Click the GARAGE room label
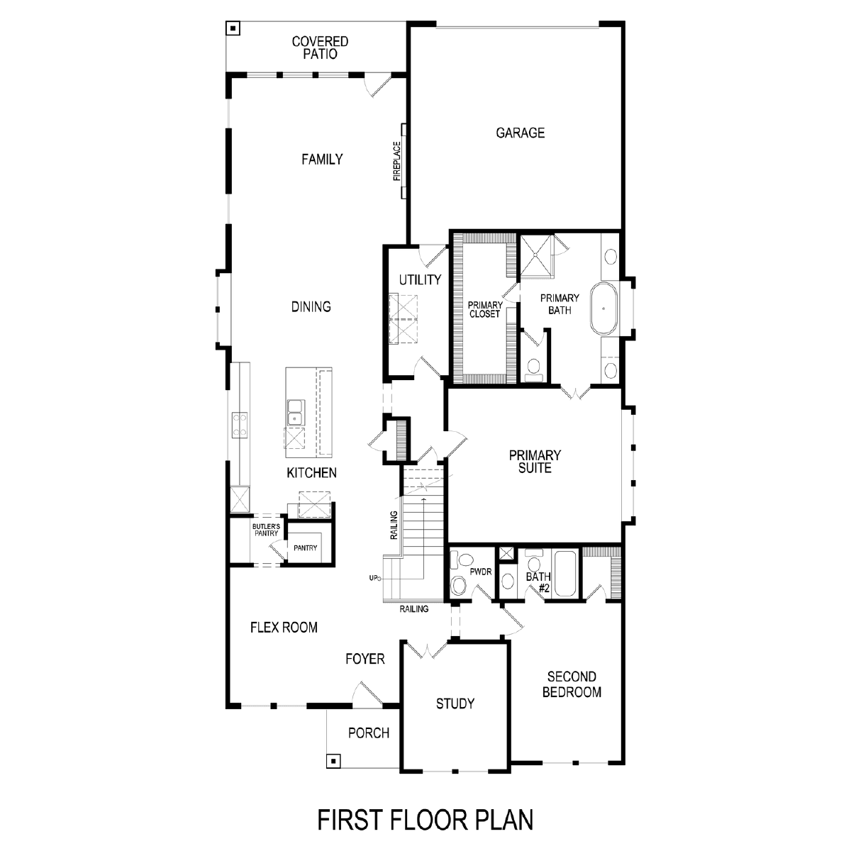click(x=520, y=133)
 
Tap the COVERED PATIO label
click(x=320, y=48)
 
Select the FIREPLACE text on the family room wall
click(x=396, y=161)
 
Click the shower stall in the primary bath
click(x=536, y=256)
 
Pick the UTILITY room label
click(x=420, y=279)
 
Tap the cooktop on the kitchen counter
click(x=240, y=425)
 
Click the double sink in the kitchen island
click(x=295, y=412)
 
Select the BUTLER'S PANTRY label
click(x=266, y=530)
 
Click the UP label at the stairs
click(x=374, y=578)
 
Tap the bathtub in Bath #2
click(x=565, y=573)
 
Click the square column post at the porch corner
click(x=333, y=761)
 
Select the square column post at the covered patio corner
click(x=233, y=28)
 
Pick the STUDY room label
click(x=455, y=703)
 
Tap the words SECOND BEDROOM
click(x=572, y=684)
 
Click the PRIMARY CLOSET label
click(x=485, y=309)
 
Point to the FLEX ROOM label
click(x=284, y=628)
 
